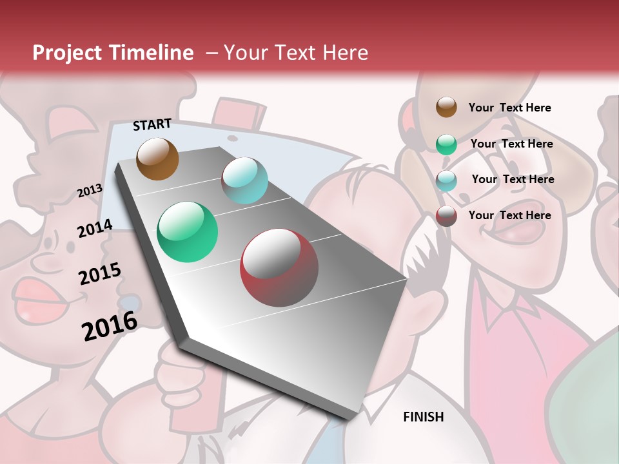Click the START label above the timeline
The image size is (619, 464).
pyautogui.click(x=152, y=124)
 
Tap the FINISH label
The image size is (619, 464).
pyautogui.click(x=423, y=417)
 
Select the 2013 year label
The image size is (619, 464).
pyautogui.click(x=90, y=191)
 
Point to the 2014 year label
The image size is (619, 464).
pyautogui.click(x=95, y=228)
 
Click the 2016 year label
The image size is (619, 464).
pyautogui.click(x=110, y=325)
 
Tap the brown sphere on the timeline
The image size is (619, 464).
pyautogui.click(x=157, y=159)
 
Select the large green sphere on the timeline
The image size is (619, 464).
pyautogui.click(x=187, y=232)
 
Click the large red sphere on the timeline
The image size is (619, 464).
pyautogui.click(x=279, y=267)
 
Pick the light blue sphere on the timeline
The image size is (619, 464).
pyautogui.click(x=244, y=180)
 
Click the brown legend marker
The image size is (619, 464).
pyautogui.click(x=446, y=107)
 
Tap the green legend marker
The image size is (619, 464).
pyautogui.click(x=446, y=144)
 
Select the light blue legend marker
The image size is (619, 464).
pyautogui.click(x=446, y=180)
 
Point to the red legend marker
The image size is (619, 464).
pyautogui.click(x=446, y=216)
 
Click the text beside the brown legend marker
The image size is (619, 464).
pyautogui.click(x=509, y=108)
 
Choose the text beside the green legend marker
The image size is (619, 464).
pyautogui.click(x=511, y=144)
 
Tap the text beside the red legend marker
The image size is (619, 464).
pyautogui.click(x=509, y=215)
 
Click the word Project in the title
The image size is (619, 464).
pyautogui.click(x=67, y=53)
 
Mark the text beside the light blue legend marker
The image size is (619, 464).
pyautogui.click(x=513, y=179)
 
